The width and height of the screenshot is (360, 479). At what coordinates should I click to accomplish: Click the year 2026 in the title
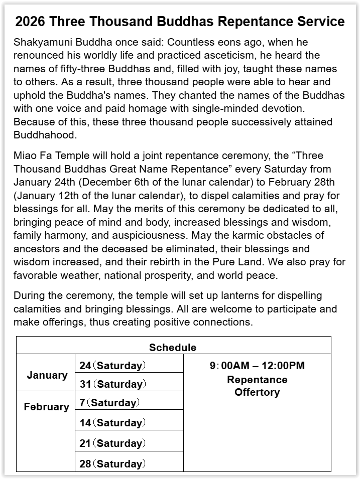pyautogui.click(x=30, y=22)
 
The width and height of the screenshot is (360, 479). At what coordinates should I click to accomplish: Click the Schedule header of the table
pyautogui.click(x=173, y=348)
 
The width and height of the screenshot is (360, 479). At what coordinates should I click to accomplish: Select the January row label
pyautogui.click(x=47, y=375)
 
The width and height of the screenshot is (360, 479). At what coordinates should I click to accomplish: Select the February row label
pyautogui.click(x=46, y=407)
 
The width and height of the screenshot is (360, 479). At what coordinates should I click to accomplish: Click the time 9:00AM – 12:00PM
pyautogui.click(x=257, y=366)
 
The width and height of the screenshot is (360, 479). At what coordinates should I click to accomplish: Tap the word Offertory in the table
pyautogui.click(x=257, y=392)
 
